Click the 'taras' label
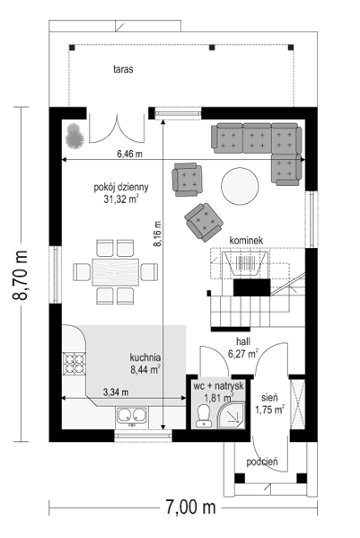pos(123,69)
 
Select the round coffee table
pos(240,186)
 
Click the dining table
pos(116,272)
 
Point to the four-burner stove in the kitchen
pos(75,364)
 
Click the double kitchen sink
pos(132,414)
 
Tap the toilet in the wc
pos(203,415)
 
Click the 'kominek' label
pos(246,240)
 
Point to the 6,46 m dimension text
pos(129,154)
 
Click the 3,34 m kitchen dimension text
pos(116,392)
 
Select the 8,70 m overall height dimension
pos(21,275)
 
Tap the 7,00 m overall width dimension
pos(190,507)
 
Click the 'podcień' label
pos(262,462)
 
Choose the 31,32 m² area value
pos(121,198)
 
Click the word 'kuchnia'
pos(145,357)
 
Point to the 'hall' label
pos(243,341)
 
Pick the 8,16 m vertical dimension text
pos(157,234)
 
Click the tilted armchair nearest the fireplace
pos(204,222)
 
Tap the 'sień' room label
pos(269,398)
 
